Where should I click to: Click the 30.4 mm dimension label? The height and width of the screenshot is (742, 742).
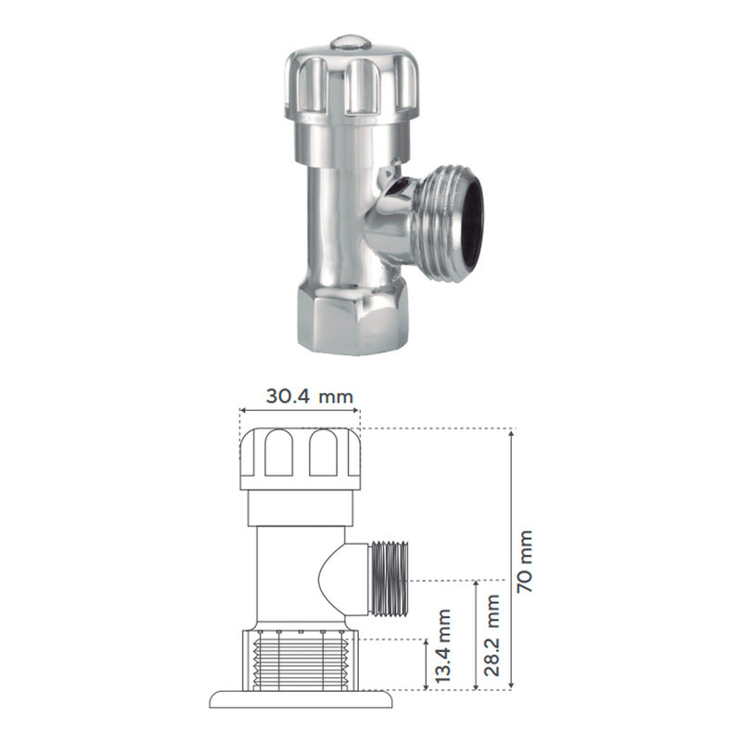(x=311, y=396)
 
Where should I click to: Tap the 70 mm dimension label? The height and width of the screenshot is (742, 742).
(x=525, y=561)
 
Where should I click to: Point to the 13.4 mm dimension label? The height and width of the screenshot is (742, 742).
(x=442, y=649)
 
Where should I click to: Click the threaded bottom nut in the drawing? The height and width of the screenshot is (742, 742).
(x=300, y=659)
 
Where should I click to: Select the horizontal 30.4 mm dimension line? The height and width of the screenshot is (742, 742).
(x=300, y=408)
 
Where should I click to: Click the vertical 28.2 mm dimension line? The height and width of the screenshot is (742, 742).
(x=476, y=635)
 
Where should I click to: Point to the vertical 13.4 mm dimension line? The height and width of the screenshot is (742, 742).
(x=425, y=664)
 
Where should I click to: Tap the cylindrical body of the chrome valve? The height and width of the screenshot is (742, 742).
(x=334, y=213)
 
